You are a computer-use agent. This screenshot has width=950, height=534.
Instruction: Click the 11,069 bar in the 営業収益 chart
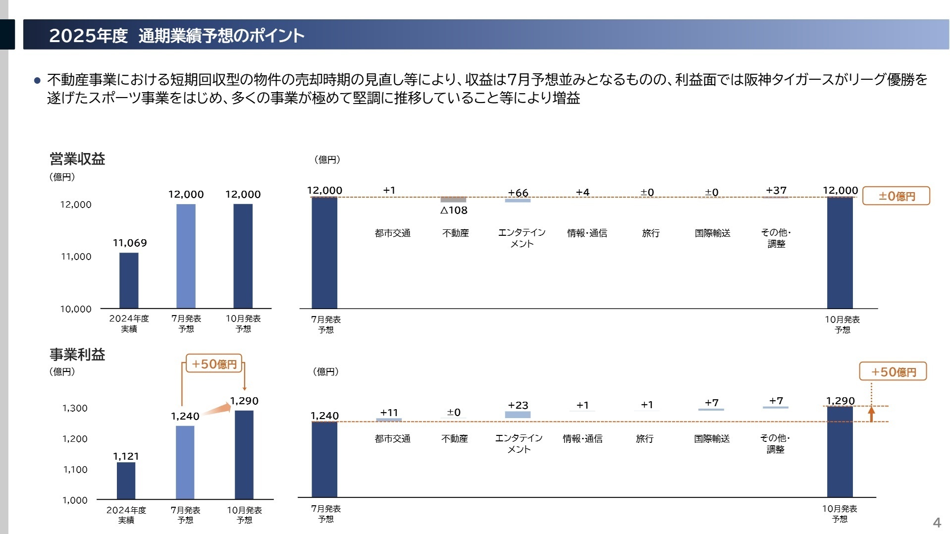[129, 280]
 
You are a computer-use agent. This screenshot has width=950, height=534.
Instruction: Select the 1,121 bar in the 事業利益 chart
[126, 481]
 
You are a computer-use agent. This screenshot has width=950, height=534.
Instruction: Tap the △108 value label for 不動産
[454, 210]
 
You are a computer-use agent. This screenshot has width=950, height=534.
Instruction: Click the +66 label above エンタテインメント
[518, 193]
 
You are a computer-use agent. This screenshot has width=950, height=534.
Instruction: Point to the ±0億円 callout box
[896, 196]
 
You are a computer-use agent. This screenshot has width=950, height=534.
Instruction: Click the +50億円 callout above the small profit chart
[214, 364]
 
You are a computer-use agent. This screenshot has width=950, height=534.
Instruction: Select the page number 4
[937, 523]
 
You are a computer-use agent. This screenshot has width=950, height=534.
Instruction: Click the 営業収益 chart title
[77, 159]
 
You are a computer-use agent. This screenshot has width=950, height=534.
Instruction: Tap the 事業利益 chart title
[77, 355]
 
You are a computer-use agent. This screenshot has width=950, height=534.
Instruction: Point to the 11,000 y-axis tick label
[76, 257]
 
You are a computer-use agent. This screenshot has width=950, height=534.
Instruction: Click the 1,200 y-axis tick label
[75, 439]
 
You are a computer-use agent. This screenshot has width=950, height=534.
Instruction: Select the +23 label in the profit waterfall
[518, 405]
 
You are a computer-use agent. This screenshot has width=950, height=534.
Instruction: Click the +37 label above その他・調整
[776, 190]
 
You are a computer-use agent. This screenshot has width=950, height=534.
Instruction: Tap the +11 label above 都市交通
[389, 412]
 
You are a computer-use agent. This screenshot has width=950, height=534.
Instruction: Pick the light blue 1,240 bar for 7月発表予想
[185, 462]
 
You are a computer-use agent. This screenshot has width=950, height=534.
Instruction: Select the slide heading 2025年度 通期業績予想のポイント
[176, 36]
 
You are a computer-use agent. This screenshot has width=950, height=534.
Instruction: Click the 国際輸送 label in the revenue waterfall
[712, 233]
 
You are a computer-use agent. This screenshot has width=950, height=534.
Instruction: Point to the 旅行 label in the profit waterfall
[644, 438]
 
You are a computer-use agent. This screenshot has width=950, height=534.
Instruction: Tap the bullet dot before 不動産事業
[37, 80]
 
